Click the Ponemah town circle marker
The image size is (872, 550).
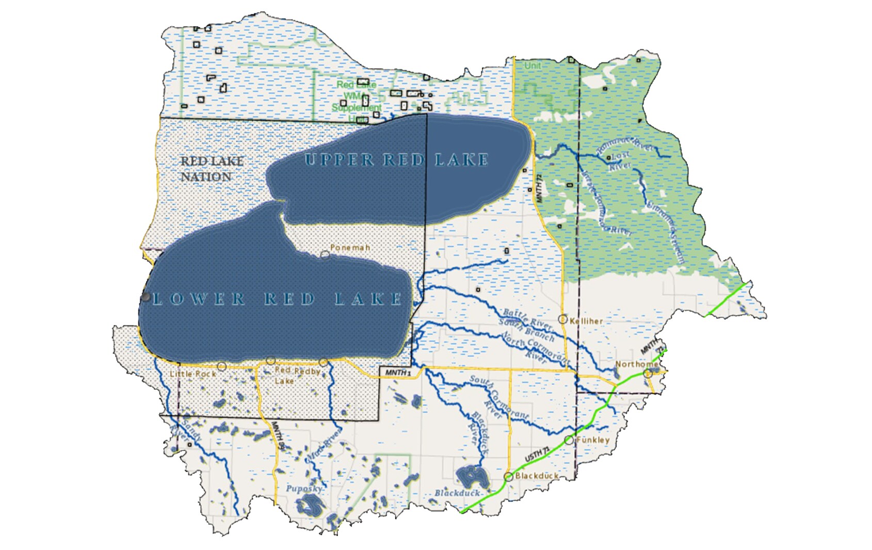(x=325, y=255)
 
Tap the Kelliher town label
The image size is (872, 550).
(x=586, y=321)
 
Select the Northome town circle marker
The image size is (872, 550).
(x=648, y=374)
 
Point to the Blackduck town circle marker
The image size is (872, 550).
(x=508, y=477)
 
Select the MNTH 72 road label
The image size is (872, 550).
(x=539, y=185)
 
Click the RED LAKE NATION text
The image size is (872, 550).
(x=212, y=169)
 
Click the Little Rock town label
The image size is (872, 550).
(x=193, y=374)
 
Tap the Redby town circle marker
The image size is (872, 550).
(x=324, y=362)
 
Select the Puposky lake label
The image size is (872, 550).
(x=304, y=488)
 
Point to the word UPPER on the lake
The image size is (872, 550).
(x=338, y=160)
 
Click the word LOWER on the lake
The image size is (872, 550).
(x=199, y=299)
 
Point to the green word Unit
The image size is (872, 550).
(x=532, y=66)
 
